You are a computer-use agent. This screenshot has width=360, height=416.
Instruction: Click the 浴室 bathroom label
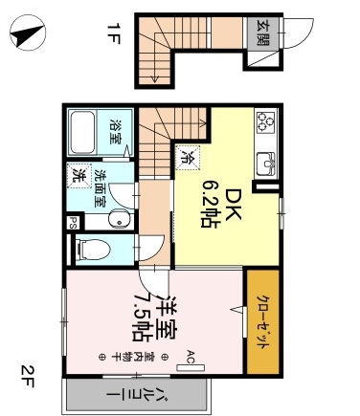(x=116, y=133)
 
